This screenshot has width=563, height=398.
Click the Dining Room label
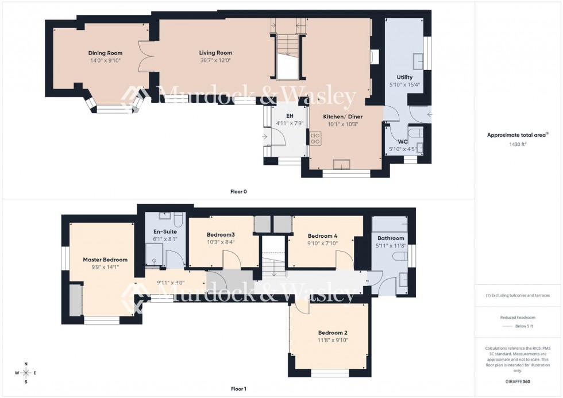click(105, 53)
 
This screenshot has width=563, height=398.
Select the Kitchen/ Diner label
click(338, 116)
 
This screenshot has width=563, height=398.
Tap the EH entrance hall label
click(281, 115)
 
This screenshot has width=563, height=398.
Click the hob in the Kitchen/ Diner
click(315, 138)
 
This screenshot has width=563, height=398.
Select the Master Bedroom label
click(105, 260)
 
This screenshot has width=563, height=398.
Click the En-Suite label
click(165, 231)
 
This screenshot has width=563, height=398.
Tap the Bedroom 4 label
click(323, 235)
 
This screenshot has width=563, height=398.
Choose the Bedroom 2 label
click(333, 333)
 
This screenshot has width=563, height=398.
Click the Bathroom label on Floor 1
click(391, 238)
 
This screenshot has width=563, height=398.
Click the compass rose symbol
click(26, 373)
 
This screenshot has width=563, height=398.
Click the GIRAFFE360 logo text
click(518, 381)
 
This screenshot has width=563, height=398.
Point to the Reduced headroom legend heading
click(518, 316)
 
